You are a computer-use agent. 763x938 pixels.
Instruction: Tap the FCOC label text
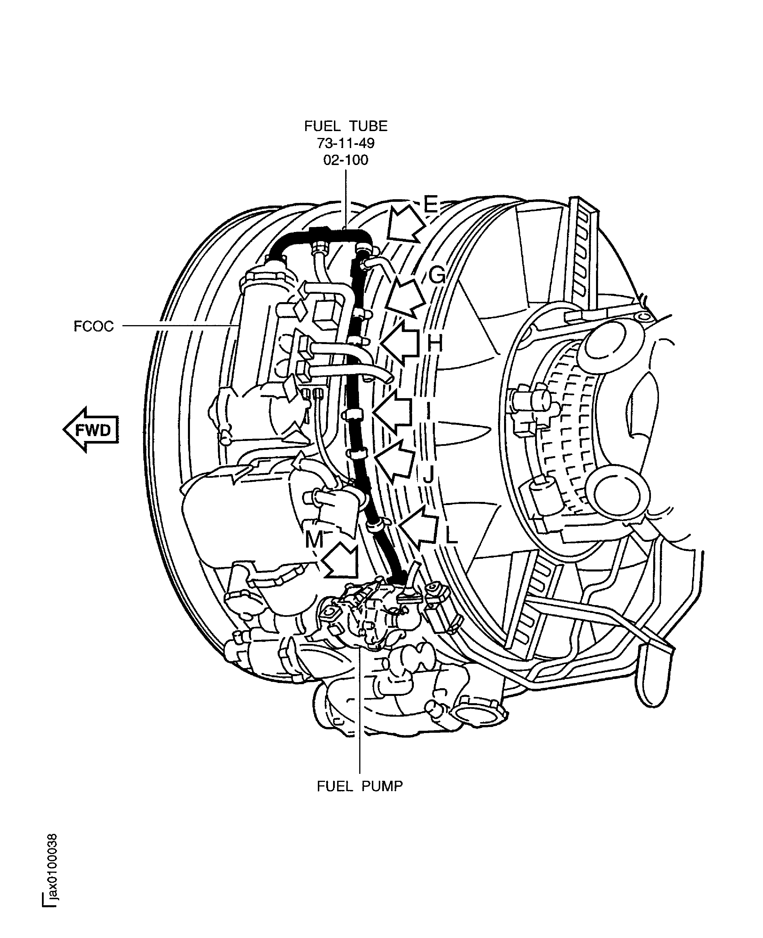(94, 326)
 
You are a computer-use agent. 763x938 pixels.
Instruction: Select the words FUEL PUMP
(360, 786)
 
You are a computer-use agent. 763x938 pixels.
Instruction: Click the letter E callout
(431, 204)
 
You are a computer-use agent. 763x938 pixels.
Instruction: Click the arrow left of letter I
(393, 412)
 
